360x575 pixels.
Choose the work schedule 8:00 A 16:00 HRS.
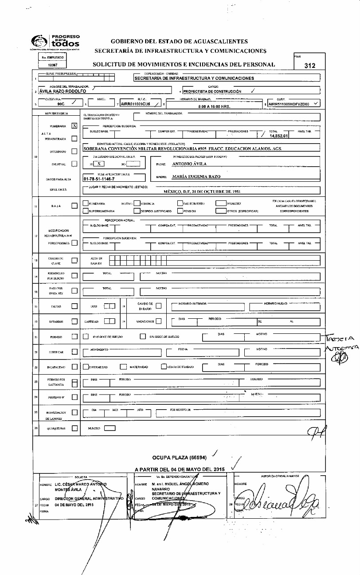coord(214,106)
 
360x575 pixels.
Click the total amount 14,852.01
coord(279,136)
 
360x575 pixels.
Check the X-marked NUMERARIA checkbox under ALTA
coord(74,126)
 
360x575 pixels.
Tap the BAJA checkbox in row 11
coord(74,206)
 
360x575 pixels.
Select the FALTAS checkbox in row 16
coord(74,305)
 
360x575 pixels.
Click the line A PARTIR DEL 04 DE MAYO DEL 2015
coord(180,469)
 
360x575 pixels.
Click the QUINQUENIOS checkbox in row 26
coord(74,428)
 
